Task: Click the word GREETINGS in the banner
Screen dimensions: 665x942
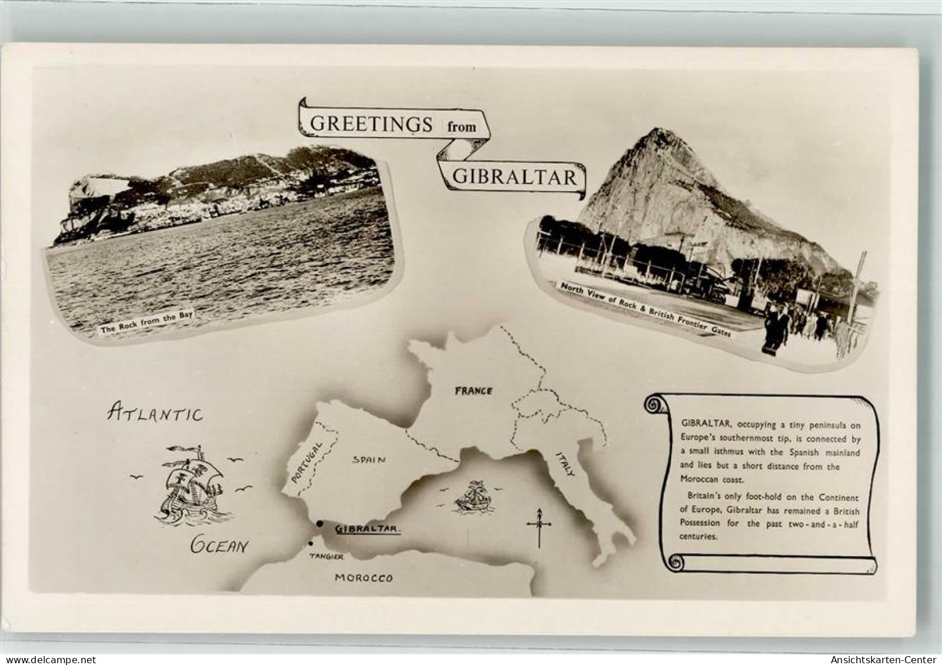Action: [370, 123]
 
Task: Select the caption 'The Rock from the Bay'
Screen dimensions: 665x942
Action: [146, 323]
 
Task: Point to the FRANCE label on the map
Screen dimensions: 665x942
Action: [473, 390]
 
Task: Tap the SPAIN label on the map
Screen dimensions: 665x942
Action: [369, 460]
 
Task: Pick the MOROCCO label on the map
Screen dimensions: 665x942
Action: [363, 577]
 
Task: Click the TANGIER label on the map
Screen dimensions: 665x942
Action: [327, 557]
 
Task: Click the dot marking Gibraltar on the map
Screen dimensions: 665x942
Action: [319, 524]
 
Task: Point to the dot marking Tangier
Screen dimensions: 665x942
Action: [310, 544]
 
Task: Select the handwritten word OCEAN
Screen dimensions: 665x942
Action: [219, 546]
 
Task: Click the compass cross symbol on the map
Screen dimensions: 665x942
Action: [537, 526]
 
